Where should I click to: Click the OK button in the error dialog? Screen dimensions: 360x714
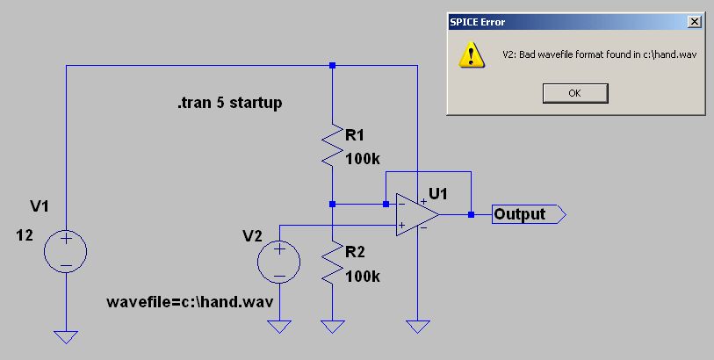[x=575, y=93]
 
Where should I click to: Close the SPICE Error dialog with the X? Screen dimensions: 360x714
[x=695, y=21]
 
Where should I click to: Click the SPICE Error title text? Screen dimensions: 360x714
[x=478, y=21]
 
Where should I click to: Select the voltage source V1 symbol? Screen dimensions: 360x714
[x=66, y=250]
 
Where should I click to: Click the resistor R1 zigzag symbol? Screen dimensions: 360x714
[x=332, y=146]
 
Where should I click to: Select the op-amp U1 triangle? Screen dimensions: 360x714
[x=417, y=213]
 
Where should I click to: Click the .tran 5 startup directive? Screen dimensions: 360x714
[x=229, y=104]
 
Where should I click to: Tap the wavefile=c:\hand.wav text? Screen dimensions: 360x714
[x=188, y=302]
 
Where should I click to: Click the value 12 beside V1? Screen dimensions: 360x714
[x=25, y=235]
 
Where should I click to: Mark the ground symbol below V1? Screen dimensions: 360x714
[x=66, y=335]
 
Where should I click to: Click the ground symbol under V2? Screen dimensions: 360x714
[x=279, y=328]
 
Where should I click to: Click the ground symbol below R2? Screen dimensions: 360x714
[x=332, y=328]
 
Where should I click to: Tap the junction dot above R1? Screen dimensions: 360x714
[x=332, y=65]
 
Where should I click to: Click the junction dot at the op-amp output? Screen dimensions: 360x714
[x=472, y=214]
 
